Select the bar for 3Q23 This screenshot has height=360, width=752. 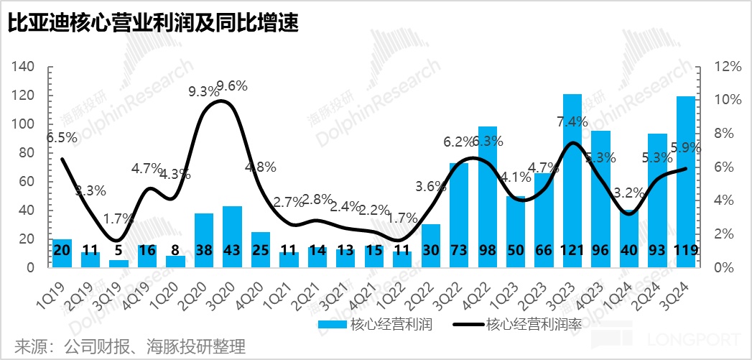pos(572,180)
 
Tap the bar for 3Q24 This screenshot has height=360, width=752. pos(685,180)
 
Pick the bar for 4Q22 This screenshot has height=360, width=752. pos(488,194)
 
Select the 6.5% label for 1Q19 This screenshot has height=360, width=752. pos(63,137)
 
